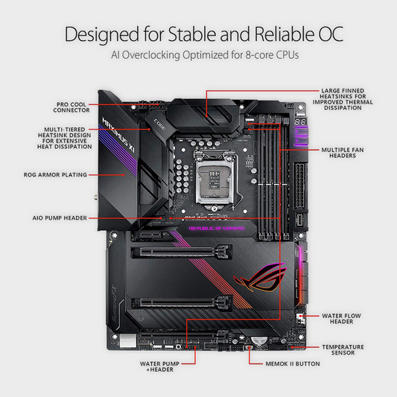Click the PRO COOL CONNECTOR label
pyautogui.click(x=72, y=107)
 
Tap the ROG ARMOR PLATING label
pyautogui.click(x=55, y=175)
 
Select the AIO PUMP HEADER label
pyautogui.click(x=60, y=218)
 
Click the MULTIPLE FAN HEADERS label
pyautogui.click(x=343, y=153)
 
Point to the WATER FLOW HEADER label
pyautogui.click(x=341, y=319)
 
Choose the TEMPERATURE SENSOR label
pyautogui.click(x=343, y=349)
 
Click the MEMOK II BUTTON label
pyautogui.click(x=293, y=363)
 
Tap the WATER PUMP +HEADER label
pyautogui.click(x=159, y=366)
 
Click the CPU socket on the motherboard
pyautogui.click(x=215, y=177)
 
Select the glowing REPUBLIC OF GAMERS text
pyautogui.click(x=217, y=229)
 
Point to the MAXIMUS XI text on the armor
pyautogui.click(x=118, y=135)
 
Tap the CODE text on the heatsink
pyautogui.click(x=159, y=125)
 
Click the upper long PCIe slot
pyautogui.click(x=181, y=252)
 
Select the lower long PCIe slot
pyautogui.click(x=181, y=303)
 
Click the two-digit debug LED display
pyautogui.click(x=300, y=122)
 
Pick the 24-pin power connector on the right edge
pyautogui.click(x=300, y=185)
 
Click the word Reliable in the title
pyautogui.click(x=285, y=34)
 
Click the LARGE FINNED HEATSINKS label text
pyautogui.click(x=343, y=99)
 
